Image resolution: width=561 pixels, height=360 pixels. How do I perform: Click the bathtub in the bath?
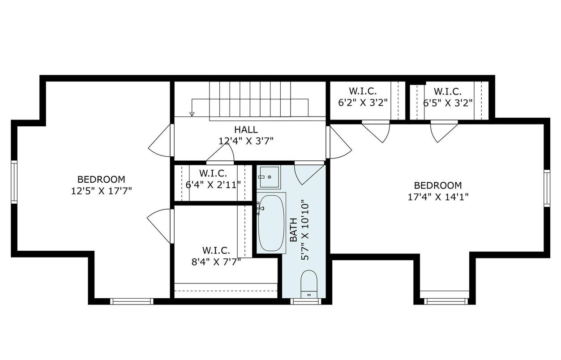point(271,223)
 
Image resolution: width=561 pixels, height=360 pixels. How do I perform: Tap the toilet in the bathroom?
point(309,284)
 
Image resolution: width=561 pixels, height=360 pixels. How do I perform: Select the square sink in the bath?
point(269,177)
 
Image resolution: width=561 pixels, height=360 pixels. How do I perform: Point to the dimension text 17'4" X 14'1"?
point(438,197)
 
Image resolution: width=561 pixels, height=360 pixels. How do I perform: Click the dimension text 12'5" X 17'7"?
point(102,191)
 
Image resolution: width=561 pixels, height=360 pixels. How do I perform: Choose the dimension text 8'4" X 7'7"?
point(216,262)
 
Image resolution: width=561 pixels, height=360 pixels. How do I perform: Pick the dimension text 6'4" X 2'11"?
point(213,185)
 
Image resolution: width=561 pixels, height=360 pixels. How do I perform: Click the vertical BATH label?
point(294,230)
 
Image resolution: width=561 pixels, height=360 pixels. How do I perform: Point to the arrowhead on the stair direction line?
point(192,114)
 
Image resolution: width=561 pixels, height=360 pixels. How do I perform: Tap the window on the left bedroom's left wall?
point(14,182)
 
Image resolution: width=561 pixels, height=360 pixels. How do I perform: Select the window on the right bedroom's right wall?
point(547,188)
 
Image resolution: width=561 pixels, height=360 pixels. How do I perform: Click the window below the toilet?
point(306,301)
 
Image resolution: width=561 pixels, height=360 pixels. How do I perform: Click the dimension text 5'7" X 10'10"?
point(305,230)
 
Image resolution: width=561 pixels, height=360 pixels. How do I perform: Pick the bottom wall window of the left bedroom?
point(132,301)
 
